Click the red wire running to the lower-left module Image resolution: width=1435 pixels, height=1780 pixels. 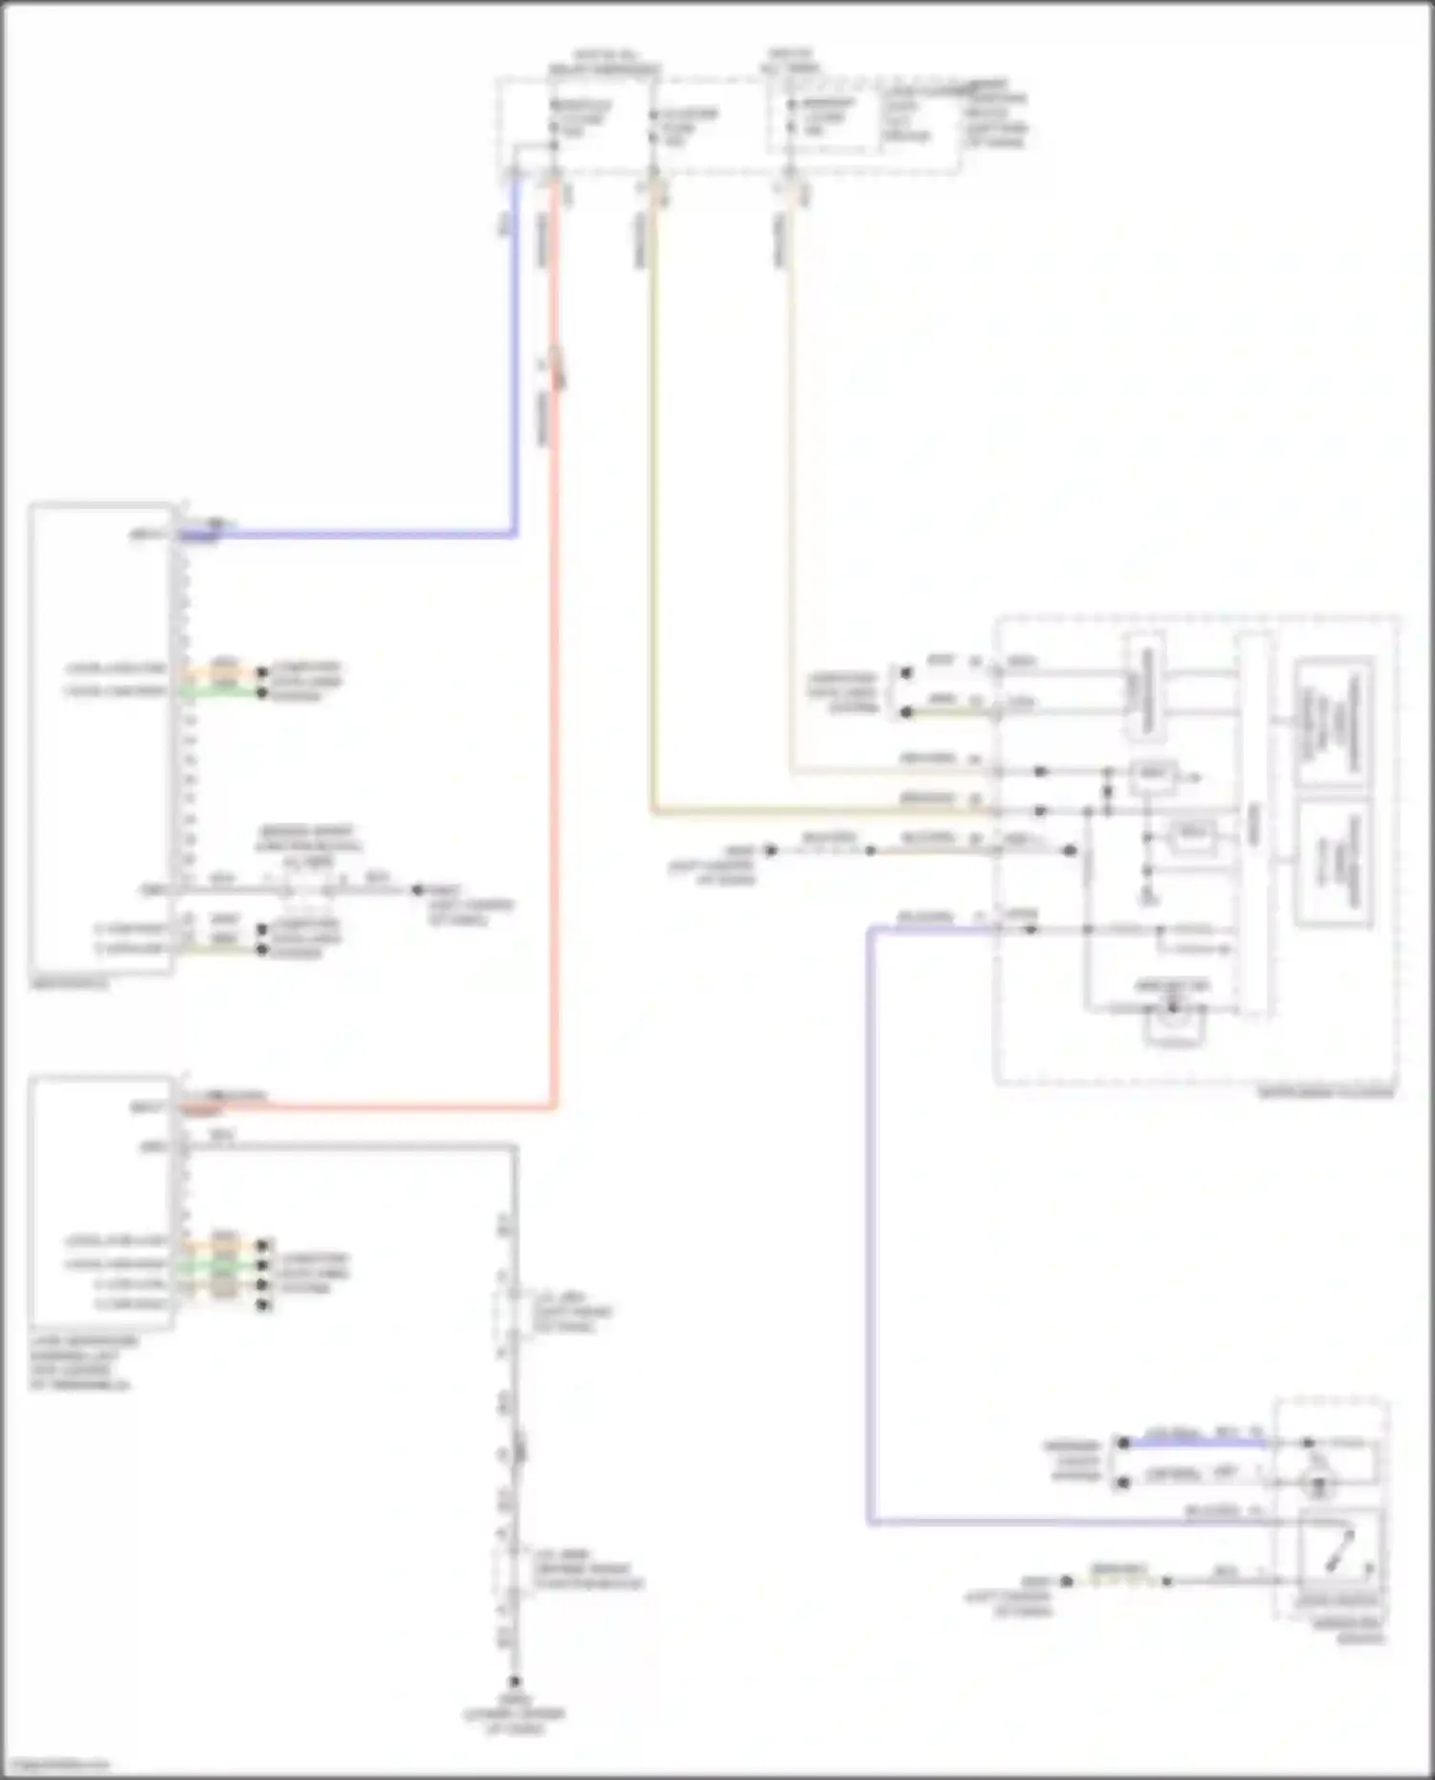pyautogui.click(x=555, y=765)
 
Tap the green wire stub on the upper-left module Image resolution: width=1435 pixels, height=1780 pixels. pyautogui.click(x=224, y=691)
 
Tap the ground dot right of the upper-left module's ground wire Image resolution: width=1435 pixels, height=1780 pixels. pyautogui.click(x=417, y=890)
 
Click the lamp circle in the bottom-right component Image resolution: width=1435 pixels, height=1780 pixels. pyautogui.click(x=1319, y=1486)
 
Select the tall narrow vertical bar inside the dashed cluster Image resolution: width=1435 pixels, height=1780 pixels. pyautogui.click(x=1254, y=823)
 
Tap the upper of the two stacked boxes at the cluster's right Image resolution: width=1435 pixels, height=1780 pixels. pyautogui.click(x=1333, y=722)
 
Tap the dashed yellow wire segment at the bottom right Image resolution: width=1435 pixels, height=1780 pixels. pyautogui.click(x=1119, y=1581)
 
